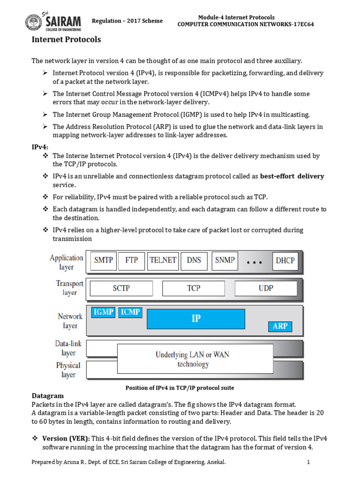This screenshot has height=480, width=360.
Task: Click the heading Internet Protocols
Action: (x=66, y=39)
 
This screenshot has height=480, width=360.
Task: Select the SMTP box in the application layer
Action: (x=103, y=260)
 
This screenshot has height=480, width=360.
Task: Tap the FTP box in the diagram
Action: (x=132, y=260)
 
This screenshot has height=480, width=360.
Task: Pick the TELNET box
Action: (x=163, y=260)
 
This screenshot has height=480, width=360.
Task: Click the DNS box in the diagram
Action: (x=194, y=260)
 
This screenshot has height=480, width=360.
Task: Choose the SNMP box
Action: (x=225, y=260)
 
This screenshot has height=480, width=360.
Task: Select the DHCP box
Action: (x=285, y=261)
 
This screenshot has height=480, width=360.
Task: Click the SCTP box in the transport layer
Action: (x=121, y=288)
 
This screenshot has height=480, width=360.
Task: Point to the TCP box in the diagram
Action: (x=194, y=288)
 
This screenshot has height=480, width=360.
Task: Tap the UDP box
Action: (x=266, y=288)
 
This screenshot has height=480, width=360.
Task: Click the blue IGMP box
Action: (x=103, y=312)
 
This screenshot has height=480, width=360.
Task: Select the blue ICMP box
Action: (x=130, y=312)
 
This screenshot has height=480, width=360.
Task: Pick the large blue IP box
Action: (x=196, y=319)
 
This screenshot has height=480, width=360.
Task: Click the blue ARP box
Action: (x=280, y=326)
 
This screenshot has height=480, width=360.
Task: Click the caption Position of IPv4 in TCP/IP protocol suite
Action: (x=180, y=388)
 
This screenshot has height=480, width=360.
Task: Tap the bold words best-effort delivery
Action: (x=292, y=176)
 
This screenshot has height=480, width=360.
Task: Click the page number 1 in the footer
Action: (x=309, y=462)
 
